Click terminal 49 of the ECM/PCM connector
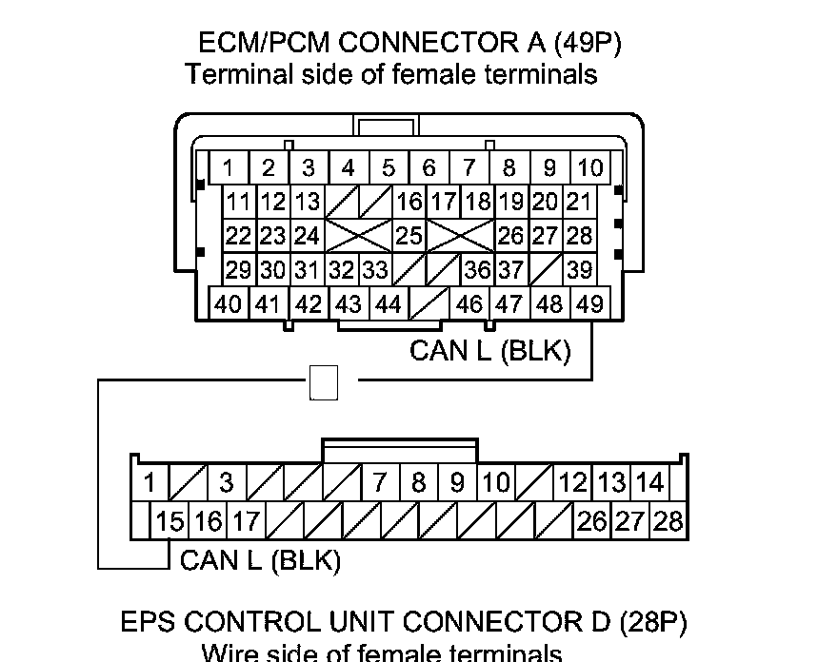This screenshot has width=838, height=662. click(590, 305)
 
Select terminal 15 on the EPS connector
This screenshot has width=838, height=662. click(170, 521)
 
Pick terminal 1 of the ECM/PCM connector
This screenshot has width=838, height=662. click(229, 168)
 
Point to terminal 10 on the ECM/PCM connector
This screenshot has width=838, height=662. click(590, 168)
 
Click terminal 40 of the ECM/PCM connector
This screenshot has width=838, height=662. click(229, 305)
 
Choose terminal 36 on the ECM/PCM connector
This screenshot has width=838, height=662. click(476, 270)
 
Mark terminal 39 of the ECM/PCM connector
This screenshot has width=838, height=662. click(579, 270)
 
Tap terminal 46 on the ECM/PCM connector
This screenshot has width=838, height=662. click(469, 305)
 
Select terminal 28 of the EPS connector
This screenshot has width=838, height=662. click(668, 521)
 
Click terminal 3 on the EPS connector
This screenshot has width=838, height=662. click(226, 482)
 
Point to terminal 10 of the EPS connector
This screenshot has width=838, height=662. click(496, 482)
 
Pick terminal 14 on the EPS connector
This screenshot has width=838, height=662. click(649, 482)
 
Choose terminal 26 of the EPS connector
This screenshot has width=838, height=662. click(591, 521)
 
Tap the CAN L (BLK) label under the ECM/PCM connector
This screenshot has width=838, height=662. click(489, 351)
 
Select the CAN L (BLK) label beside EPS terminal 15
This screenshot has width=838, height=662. click(260, 560)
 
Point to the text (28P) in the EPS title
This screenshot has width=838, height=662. click(652, 622)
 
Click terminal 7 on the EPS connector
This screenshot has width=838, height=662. click(379, 482)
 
